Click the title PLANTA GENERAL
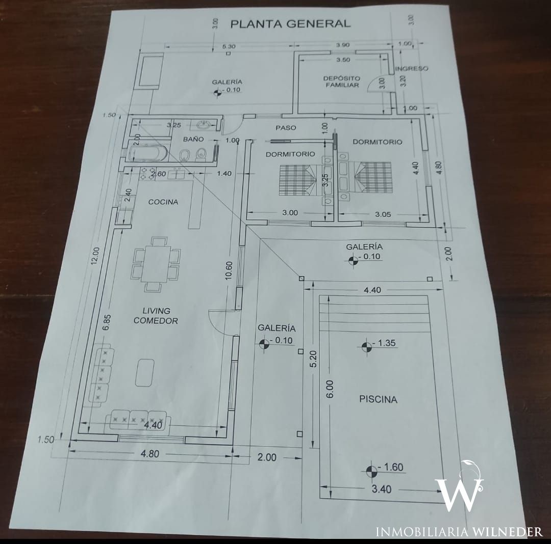pyautogui.click(x=290, y=24)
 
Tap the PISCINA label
pyautogui.click(x=378, y=399)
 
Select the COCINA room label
pyautogui.click(x=163, y=202)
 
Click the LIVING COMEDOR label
pyautogui.click(x=156, y=316)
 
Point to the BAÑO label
pyautogui.click(x=193, y=139)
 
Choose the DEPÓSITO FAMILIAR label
pyautogui.click(x=341, y=81)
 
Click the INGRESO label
pyautogui.click(x=412, y=68)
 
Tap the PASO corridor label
pyautogui.click(x=286, y=128)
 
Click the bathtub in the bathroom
pyautogui.click(x=147, y=154)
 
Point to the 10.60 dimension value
pyautogui.click(x=229, y=271)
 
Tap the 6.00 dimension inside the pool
pyautogui.click(x=330, y=389)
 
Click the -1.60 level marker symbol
pyautogui.click(x=371, y=471)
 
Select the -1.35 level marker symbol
pyautogui.click(x=366, y=347)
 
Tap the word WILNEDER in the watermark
pyautogui.click(x=508, y=532)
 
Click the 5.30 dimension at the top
pyautogui.click(x=229, y=46)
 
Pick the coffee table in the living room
pyautogui.click(x=145, y=372)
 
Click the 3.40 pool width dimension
pyautogui.click(x=381, y=489)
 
